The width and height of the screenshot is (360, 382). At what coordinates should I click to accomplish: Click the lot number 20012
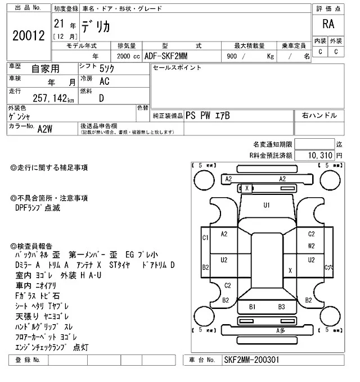28,35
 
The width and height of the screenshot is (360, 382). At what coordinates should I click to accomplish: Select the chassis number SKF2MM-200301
251,360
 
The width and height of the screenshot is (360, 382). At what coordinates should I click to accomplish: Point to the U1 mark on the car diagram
267,205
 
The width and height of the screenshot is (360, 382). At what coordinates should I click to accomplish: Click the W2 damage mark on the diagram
311,245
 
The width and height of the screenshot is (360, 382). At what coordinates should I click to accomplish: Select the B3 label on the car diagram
282,307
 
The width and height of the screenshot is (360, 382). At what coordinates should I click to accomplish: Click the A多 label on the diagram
280,331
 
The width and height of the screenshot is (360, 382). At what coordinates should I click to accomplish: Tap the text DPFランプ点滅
38,208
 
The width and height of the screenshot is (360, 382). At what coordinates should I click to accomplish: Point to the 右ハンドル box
319,115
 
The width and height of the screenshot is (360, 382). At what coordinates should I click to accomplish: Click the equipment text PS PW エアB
208,115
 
